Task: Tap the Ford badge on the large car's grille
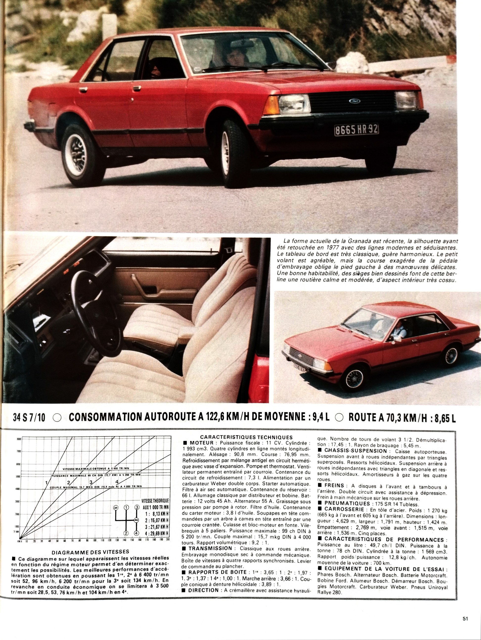pos(354,100)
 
